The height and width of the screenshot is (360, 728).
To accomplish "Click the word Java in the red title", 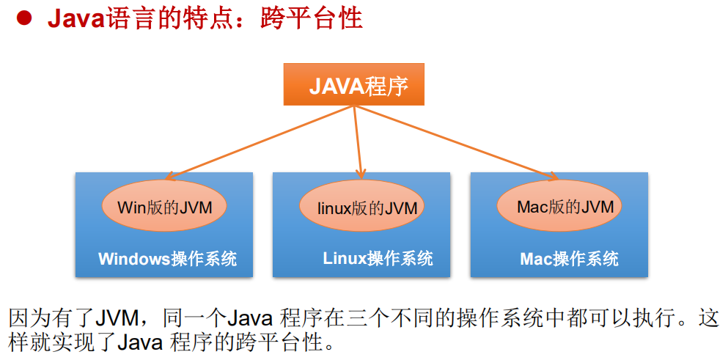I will pyautogui.click(x=74, y=18).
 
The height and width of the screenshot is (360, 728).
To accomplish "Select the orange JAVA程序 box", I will pyautogui.click(x=354, y=86).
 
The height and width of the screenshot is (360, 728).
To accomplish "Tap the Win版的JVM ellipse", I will pyautogui.click(x=164, y=207).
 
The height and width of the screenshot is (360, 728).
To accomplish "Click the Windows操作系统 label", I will pyautogui.click(x=167, y=259).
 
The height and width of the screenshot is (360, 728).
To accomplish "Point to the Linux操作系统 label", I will pyautogui.click(x=378, y=259).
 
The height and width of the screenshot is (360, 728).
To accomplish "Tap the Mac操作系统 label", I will pyautogui.click(x=569, y=259).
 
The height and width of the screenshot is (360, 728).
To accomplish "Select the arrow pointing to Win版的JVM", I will pyautogui.click(x=257, y=142).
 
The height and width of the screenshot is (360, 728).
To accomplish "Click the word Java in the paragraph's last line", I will pyautogui.click(x=140, y=342).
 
